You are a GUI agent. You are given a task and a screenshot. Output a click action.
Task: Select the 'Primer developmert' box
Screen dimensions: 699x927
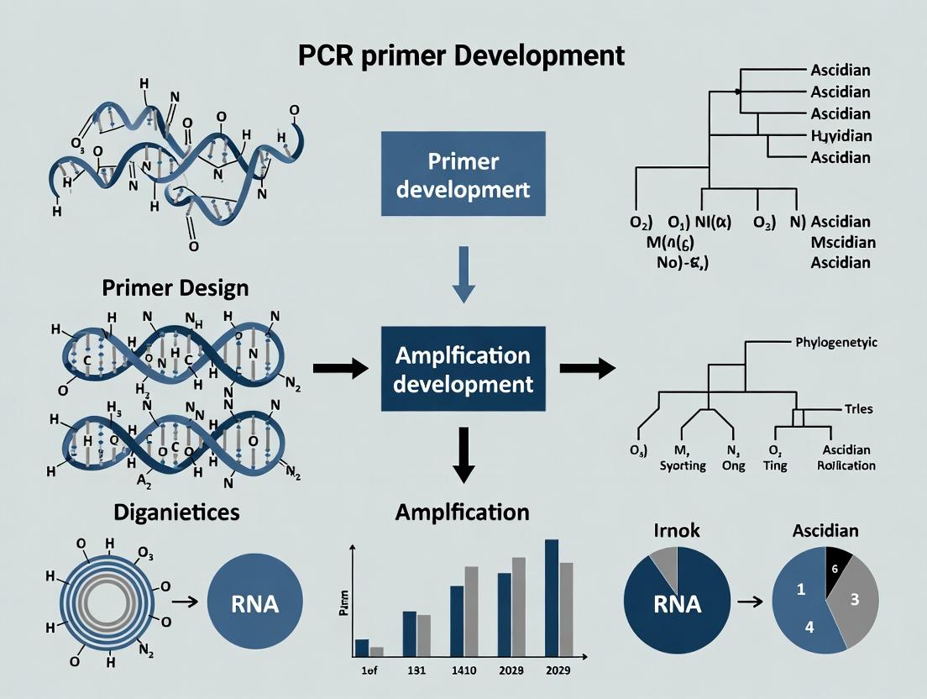463,174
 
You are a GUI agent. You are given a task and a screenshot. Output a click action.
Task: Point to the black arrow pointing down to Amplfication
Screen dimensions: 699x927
463,455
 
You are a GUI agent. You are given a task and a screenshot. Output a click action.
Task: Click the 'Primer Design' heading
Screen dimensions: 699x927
175,288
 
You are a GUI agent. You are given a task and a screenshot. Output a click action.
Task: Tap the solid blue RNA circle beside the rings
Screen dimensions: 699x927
254,603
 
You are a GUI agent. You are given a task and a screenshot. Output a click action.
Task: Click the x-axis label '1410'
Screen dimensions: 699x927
463,670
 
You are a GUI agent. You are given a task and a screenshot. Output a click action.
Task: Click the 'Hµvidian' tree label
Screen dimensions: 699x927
841,135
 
